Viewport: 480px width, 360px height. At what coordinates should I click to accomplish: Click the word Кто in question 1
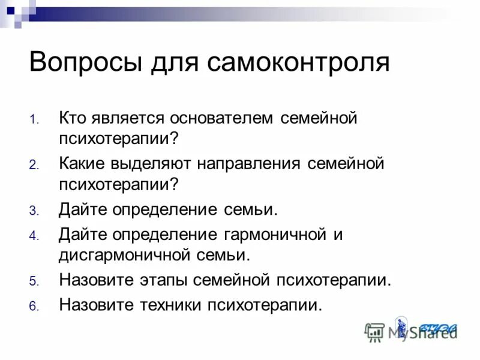point(73,118)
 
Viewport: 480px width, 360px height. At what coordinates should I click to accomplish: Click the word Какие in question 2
point(83,164)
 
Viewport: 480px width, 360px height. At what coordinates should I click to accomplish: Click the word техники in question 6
point(169,305)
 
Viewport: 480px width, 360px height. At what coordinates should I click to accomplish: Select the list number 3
point(33,211)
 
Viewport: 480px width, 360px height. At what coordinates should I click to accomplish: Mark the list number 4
point(33,235)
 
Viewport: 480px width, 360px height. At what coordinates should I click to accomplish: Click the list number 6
point(33,306)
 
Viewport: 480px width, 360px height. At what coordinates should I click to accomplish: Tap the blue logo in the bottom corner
point(438,328)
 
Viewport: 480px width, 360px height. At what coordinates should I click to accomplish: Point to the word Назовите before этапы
point(96,280)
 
